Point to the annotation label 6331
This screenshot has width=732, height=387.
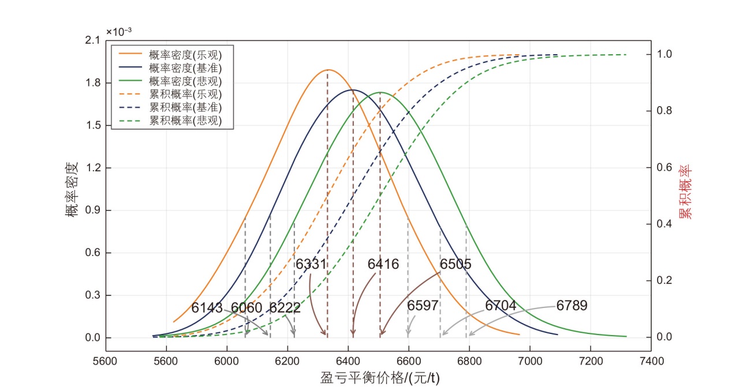pos(311,264)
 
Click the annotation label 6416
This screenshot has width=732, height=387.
pos(383,264)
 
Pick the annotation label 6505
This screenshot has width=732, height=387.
pos(455,264)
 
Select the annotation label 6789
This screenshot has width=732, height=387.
pos(572,306)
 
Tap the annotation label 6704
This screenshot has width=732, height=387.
pos(501,306)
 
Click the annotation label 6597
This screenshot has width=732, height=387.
pos(423,306)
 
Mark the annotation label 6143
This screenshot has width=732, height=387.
pos(207,308)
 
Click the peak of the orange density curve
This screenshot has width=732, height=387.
pos(328,70)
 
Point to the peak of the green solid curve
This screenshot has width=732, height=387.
pos(380,92)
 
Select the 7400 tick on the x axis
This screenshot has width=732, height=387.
pos(651,362)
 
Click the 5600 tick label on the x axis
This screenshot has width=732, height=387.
pos(105,362)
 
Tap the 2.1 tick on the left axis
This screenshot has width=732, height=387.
pos(92,40)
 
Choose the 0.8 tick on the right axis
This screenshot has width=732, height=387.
pos(664,111)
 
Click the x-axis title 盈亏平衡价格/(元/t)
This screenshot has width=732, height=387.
pos(380,378)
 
